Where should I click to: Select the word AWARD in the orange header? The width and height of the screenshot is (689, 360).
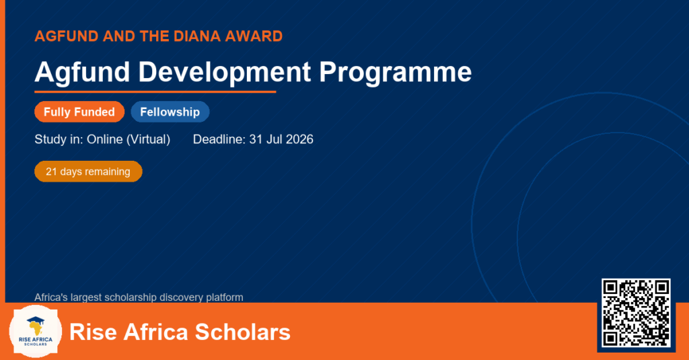[x=254, y=36]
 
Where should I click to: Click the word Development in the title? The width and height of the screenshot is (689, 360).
[x=225, y=73]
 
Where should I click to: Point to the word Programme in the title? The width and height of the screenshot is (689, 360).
[x=395, y=73]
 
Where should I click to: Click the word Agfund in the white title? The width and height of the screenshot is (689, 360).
[x=82, y=73]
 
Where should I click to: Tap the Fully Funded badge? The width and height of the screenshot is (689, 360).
[x=79, y=112]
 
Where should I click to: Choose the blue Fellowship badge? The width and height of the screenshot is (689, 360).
[x=170, y=112]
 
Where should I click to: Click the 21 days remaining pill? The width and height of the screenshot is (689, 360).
[x=88, y=172]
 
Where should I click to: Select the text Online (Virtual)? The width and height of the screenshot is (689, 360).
[x=129, y=139]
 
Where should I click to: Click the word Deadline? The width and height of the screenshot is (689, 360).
[x=219, y=139]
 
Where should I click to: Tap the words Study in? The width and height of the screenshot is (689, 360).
[x=59, y=139]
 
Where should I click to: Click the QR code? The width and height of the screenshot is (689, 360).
[x=637, y=313]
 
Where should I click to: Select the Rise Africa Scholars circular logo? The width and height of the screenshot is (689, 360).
[x=36, y=331]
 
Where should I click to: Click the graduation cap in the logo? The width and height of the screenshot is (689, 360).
[x=36, y=320]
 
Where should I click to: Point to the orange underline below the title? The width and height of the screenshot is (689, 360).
[x=155, y=92]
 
